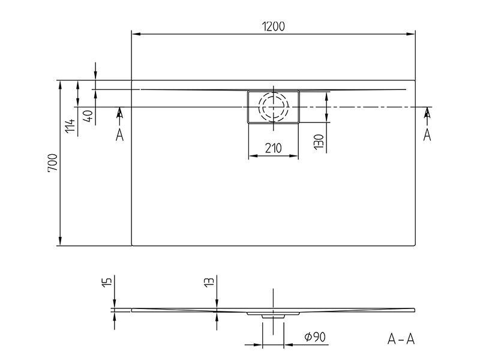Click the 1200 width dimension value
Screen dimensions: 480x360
274,26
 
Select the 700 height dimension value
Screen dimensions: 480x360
53,163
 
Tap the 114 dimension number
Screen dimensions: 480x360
70,125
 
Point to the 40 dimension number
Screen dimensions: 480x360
88,116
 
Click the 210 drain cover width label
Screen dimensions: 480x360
273,148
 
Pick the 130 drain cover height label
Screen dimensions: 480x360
319,142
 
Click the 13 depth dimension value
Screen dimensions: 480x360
209,282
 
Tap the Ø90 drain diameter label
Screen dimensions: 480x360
315,337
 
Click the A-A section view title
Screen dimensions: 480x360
401,339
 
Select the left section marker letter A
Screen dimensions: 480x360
119,135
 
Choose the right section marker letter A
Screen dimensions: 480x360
427,135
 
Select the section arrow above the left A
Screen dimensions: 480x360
119,112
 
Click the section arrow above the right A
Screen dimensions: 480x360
427,112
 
